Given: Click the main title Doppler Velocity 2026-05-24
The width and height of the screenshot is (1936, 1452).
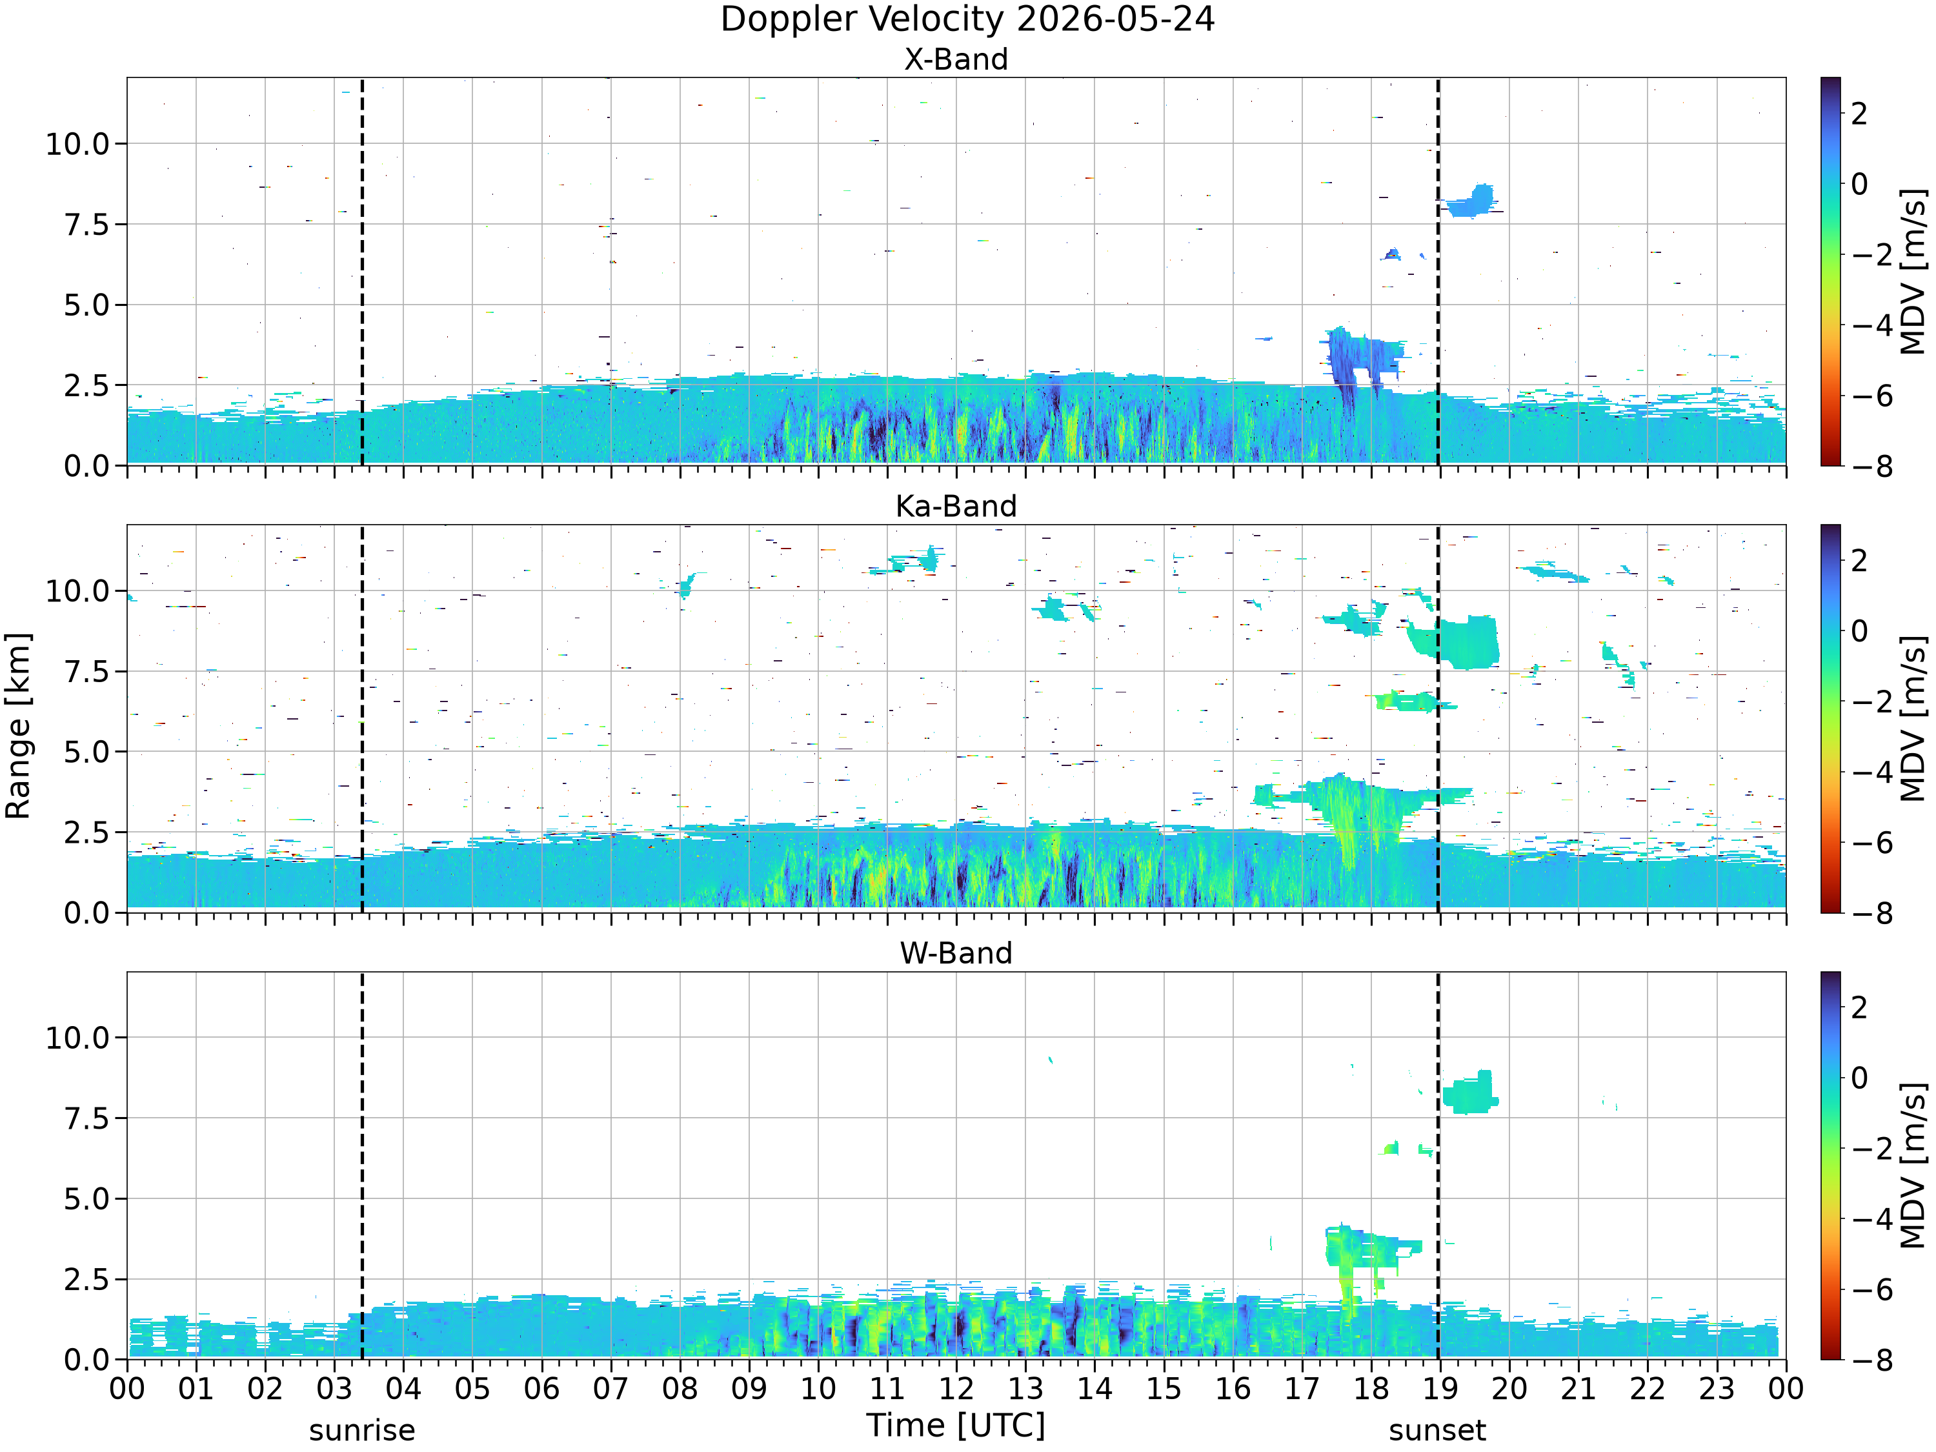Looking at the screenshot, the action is [967, 19].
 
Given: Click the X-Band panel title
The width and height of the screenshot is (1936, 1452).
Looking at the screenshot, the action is [956, 59].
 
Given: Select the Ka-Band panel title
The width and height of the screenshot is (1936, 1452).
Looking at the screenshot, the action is [956, 506].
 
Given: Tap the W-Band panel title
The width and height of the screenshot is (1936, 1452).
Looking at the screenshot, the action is [956, 953].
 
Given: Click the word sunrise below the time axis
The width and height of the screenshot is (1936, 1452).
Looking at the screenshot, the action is [362, 1430].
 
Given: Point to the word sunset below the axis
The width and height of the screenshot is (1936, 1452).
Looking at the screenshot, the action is [1437, 1430].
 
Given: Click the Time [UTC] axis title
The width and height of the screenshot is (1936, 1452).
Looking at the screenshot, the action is [956, 1426].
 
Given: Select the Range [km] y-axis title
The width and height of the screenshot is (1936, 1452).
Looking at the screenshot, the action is [17, 725].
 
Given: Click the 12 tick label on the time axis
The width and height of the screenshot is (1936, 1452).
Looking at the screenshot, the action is [956, 1389].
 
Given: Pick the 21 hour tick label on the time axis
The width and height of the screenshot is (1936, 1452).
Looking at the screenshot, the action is [1578, 1389].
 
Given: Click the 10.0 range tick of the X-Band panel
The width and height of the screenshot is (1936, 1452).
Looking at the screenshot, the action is [78, 143].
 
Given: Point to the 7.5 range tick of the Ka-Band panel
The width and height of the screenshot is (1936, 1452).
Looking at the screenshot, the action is [88, 671].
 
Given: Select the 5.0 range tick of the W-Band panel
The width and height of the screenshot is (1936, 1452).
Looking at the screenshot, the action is [88, 1199].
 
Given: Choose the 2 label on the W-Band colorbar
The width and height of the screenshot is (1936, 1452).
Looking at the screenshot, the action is [1860, 1007].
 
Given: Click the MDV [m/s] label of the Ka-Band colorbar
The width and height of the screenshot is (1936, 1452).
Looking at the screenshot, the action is [1913, 718].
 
